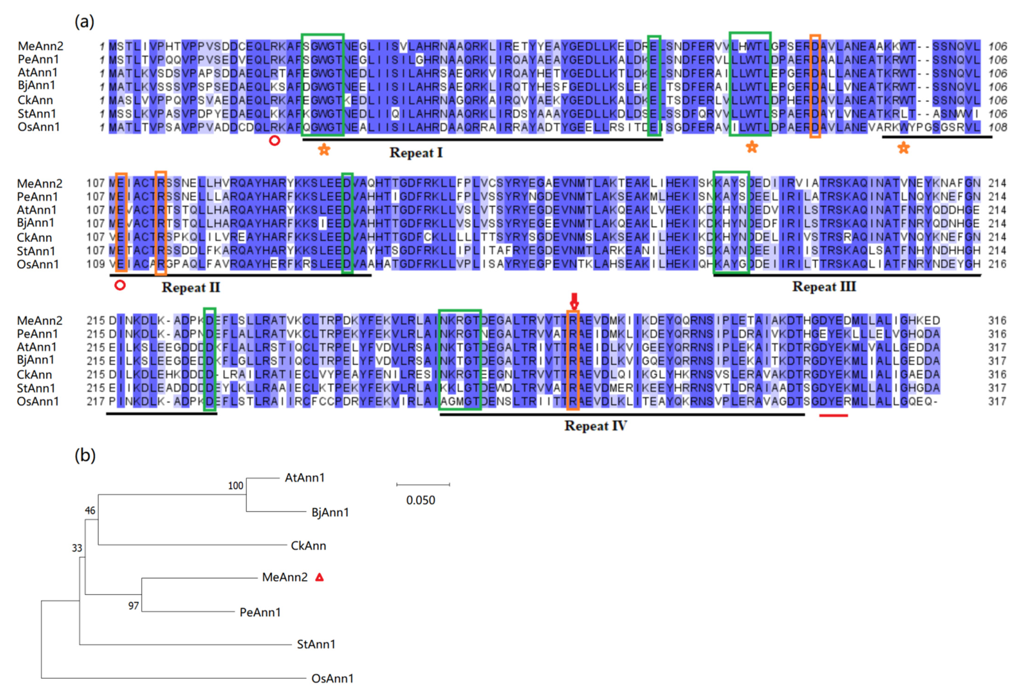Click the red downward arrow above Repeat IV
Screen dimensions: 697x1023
pos(574,301)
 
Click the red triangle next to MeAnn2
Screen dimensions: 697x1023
pos(320,577)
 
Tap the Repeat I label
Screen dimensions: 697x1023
pos(416,153)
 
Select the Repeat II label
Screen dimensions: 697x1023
pos(191,288)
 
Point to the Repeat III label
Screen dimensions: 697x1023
pos(824,287)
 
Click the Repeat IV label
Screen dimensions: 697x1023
pos(596,426)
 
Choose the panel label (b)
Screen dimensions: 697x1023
pos(85,455)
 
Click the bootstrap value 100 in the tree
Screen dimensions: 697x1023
pos(235,485)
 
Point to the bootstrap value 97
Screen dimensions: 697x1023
pos(133,606)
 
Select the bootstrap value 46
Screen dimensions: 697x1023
pos(90,511)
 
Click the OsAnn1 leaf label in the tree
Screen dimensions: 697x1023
pos(332,678)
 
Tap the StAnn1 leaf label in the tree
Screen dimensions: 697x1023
pos(316,645)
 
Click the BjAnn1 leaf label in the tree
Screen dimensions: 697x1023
pos(330,512)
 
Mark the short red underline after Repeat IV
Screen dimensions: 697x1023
pos(833,416)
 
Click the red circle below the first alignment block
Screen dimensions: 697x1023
pos(274,141)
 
